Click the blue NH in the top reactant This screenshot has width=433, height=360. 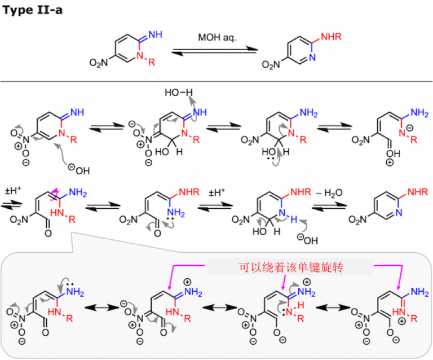pyautogui.click(x=155, y=35)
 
